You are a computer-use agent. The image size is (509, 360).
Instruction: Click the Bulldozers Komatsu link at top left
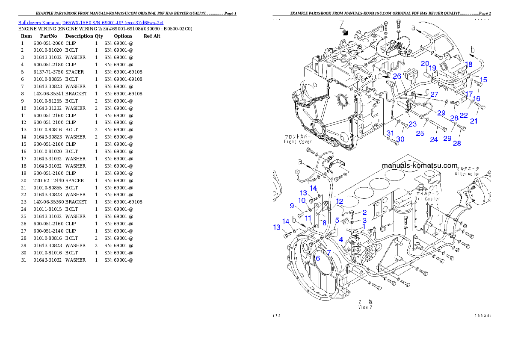tap(90, 23)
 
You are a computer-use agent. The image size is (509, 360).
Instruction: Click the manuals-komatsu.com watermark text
tap(419, 165)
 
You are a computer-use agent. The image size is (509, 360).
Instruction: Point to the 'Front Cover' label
tap(298, 142)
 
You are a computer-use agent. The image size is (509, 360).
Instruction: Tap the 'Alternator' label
tap(467, 174)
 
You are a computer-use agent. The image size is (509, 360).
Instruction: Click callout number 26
tap(397, 76)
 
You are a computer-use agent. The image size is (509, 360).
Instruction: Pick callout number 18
tap(469, 64)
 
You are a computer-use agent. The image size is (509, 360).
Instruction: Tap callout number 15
tap(483, 80)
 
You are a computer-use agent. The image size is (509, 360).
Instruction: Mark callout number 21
tap(474, 121)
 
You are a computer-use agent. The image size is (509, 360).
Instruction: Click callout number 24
tap(434, 139)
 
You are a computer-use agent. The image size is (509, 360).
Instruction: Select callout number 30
tap(400, 139)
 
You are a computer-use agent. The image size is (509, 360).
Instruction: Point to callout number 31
tap(390, 133)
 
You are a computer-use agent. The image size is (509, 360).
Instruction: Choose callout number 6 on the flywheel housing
tap(318, 258)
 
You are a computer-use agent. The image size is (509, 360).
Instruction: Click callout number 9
tap(292, 206)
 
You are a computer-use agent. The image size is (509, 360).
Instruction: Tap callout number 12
tap(340, 201)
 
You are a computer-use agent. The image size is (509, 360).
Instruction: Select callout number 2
tap(364, 212)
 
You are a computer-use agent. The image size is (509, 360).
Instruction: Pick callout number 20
tap(424, 63)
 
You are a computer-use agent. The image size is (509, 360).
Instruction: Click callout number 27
tap(434, 94)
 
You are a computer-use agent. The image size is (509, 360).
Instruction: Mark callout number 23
tap(412, 124)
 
